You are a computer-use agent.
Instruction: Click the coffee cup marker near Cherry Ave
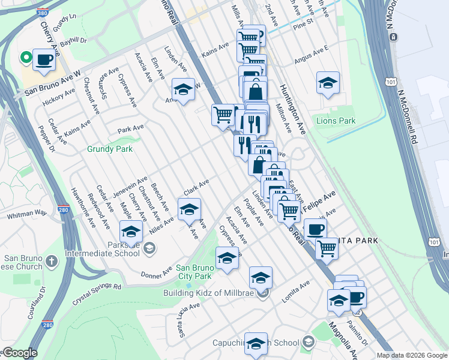[x=44, y=60]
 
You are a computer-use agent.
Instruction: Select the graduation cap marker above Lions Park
[x=328, y=83]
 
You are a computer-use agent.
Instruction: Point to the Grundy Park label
[x=109, y=149]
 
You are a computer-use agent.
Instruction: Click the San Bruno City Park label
[x=194, y=272]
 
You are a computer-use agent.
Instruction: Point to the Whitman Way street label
[x=26, y=213]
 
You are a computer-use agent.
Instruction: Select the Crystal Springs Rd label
[x=97, y=287]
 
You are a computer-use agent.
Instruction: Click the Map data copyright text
[x=412, y=355]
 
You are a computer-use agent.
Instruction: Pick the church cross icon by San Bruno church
[x=51, y=261]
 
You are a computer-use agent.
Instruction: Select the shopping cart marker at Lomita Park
[x=327, y=247]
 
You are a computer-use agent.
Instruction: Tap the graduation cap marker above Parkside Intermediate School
[x=131, y=232]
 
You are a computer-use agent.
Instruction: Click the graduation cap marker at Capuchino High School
[x=256, y=343]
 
